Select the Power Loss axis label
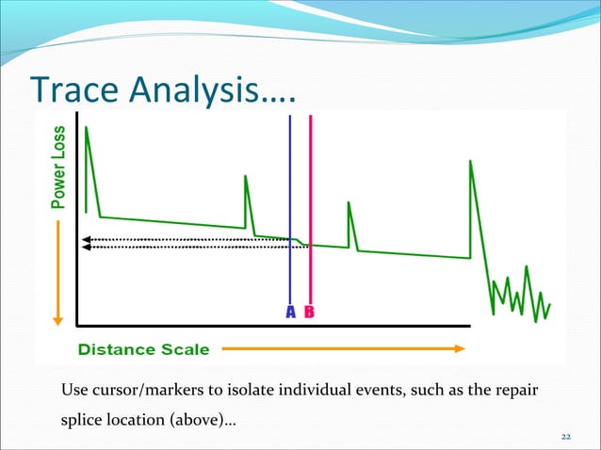pos(59,167)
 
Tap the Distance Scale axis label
pos(144,349)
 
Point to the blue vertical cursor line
pos(290,188)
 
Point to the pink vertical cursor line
pos(310,188)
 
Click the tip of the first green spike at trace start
pos(87,127)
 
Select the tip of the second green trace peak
pos(246,176)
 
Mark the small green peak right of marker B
pos(349,203)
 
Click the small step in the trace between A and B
pos(300,243)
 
